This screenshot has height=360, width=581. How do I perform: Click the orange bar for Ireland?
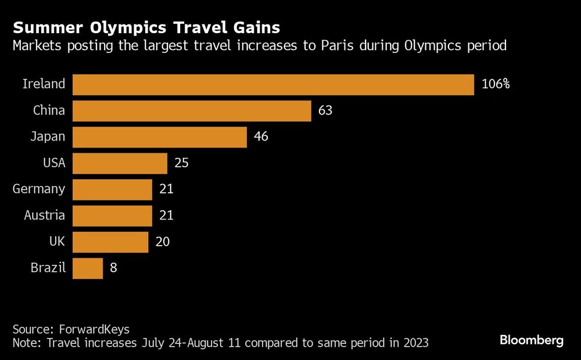pos(273,84)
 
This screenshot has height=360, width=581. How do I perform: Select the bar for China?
pos(192,110)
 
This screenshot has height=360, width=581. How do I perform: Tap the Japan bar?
pos(160,137)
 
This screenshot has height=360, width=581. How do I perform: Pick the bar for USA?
pos(120,163)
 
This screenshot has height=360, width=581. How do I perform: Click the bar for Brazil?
pos(88,268)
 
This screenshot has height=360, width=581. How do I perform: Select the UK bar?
pos(110,242)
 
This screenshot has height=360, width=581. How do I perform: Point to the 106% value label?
pos(496,84)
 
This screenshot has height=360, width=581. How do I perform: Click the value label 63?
pos(325,110)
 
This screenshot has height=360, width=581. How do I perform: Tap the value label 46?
pos(261,137)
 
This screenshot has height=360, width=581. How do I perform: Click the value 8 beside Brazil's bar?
pos(113,268)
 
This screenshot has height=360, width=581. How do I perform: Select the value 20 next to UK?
pos(163,242)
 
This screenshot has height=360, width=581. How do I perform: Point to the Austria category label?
pos(45,216)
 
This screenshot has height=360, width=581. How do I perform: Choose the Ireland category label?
pos(44,84)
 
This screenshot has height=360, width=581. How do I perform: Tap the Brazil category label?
pos(48,268)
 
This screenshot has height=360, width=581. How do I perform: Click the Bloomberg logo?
pos(531,341)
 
